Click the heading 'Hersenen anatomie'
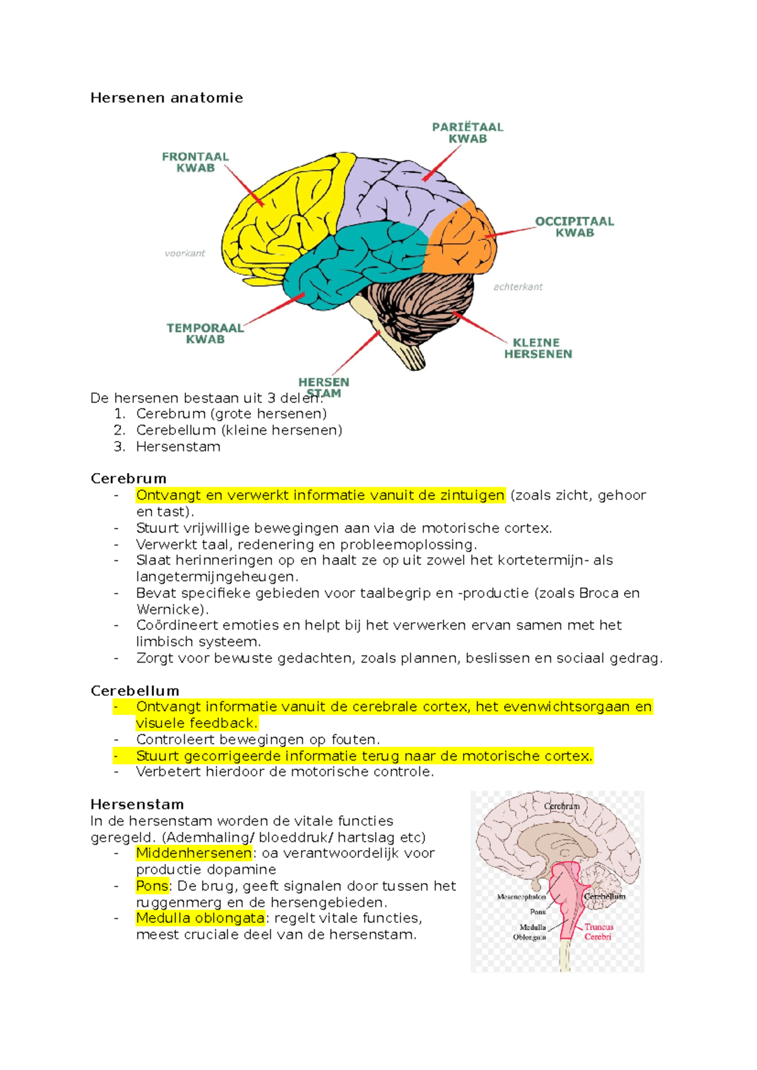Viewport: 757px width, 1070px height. click(x=167, y=98)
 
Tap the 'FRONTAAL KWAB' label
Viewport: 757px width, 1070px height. click(x=195, y=162)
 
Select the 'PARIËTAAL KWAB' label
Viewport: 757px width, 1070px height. click(x=467, y=132)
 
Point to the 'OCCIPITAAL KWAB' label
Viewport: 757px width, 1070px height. click(x=574, y=227)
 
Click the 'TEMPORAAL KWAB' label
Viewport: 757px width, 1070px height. click(x=205, y=334)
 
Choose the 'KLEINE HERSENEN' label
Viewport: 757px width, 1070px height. click(x=537, y=348)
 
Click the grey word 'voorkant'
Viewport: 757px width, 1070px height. click(x=185, y=254)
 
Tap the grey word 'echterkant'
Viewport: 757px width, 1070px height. click(x=518, y=287)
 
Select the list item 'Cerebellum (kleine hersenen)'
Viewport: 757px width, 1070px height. click(x=239, y=430)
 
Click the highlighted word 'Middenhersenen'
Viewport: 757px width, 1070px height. click(x=194, y=854)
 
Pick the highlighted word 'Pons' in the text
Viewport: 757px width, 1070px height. click(x=152, y=886)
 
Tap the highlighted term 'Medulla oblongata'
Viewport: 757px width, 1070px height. click(x=200, y=919)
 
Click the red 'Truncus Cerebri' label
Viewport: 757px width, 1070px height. click(x=598, y=932)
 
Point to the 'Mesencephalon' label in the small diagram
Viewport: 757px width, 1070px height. click(x=521, y=897)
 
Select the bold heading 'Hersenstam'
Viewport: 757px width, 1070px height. click(x=137, y=804)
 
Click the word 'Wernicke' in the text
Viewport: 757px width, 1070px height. click(x=170, y=609)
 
